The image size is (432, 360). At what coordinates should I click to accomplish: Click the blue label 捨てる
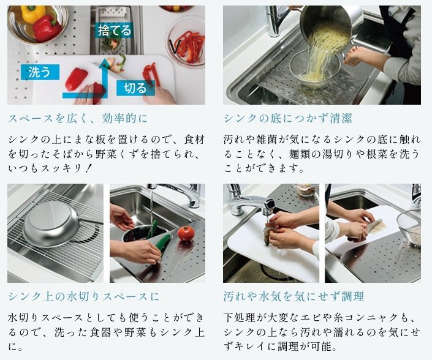point(115,30)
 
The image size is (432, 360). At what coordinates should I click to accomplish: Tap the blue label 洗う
point(40,72)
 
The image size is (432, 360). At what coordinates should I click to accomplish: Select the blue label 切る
point(135,88)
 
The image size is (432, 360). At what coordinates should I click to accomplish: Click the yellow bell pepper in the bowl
point(33,13)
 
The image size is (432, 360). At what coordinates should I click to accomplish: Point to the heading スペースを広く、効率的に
point(78,118)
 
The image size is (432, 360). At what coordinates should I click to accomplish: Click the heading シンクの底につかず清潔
point(288,118)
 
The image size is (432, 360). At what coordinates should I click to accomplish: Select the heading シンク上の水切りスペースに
point(84,297)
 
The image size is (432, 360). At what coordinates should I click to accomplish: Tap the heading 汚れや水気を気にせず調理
point(294,297)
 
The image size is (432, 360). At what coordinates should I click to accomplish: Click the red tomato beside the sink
point(186,233)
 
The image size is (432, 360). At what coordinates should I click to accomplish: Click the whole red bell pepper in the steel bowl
point(47,28)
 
